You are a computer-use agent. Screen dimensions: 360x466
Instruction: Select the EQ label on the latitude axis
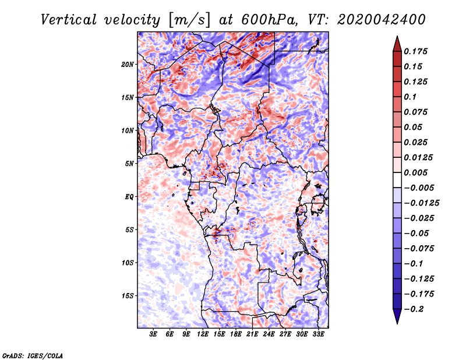coord(130,197)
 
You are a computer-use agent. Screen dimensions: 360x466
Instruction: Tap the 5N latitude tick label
coord(130,164)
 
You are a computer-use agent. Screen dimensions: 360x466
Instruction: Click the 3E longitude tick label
coord(153,334)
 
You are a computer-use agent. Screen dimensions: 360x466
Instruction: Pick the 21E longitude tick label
coord(252,334)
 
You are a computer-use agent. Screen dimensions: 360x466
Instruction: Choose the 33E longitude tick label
coord(318,334)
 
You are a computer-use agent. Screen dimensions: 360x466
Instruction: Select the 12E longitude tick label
coord(203,334)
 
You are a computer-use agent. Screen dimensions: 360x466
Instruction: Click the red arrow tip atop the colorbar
coord(397,41)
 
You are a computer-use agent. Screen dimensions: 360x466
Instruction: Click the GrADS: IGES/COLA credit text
coord(32,355)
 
